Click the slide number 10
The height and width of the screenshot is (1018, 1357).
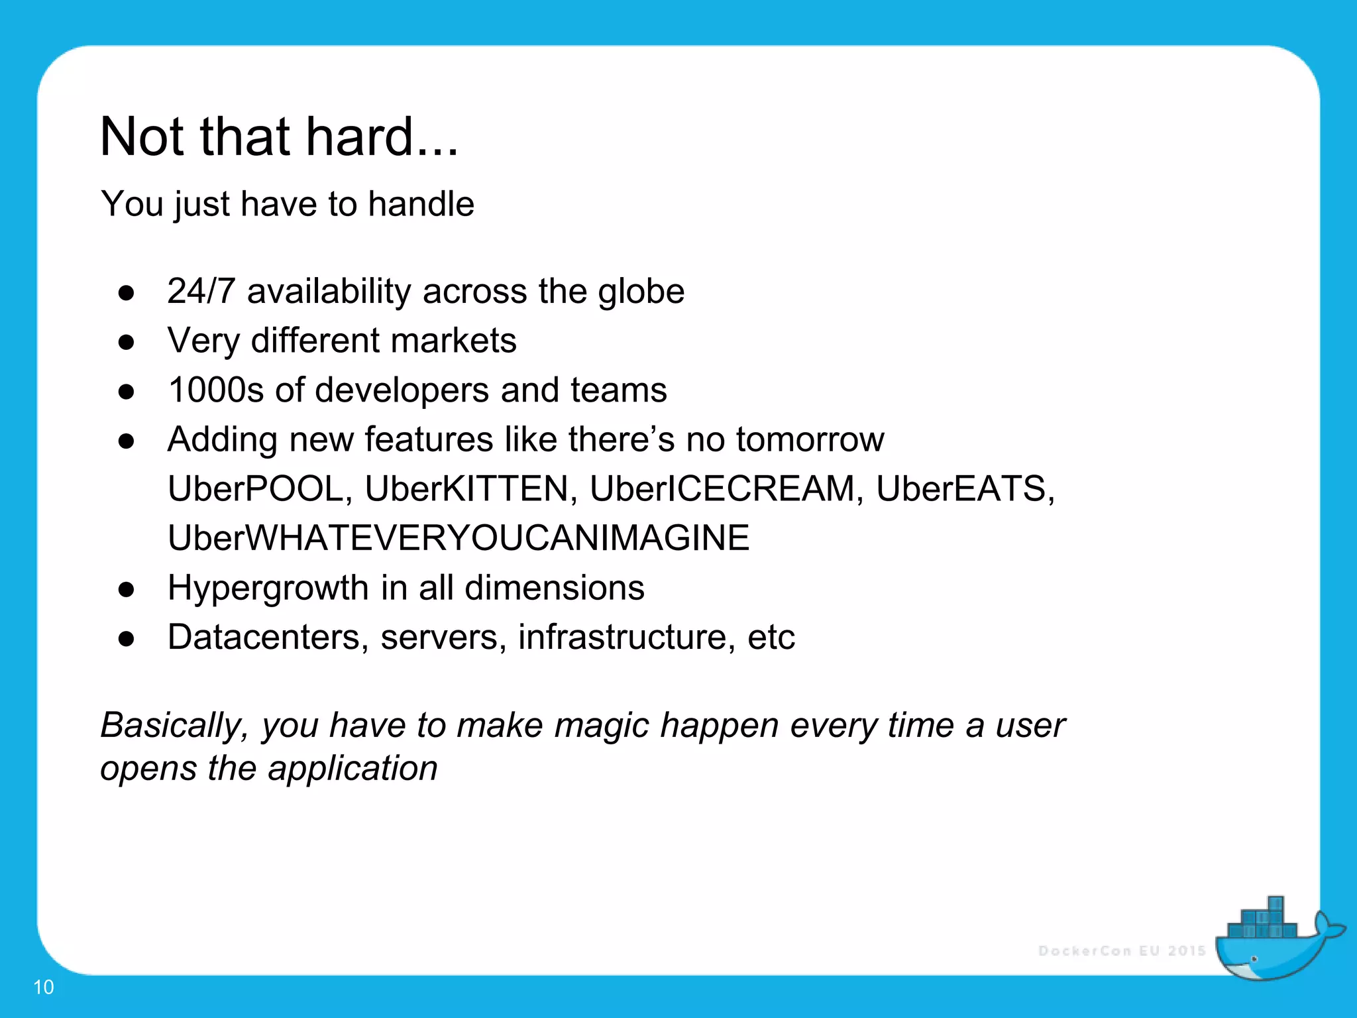tap(44, 987)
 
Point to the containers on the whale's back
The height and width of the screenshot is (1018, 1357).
tap(1263, 921)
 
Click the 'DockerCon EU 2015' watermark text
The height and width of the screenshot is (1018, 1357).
tap(1122, 951)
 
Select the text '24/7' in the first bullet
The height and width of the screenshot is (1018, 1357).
tap(201, 291)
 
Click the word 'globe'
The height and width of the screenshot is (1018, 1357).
tap(641, 291)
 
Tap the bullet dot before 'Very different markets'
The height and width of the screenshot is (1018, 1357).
tap(127, 342)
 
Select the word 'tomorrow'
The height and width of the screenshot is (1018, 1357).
tap(810, 439)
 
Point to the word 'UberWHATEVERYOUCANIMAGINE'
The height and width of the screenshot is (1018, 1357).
tap(459, 538)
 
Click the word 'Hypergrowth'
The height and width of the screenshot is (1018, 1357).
tap(268, 588)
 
